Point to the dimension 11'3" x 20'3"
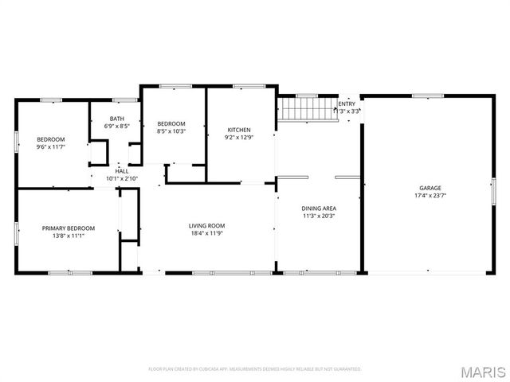point(318,215)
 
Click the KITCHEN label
point(239,130)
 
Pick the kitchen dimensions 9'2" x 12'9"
point(239,137)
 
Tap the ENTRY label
point(347,103)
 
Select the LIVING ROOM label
point(206,225)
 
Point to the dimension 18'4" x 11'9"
point(206,233)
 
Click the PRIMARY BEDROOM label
point(69,228)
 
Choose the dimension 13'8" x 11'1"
point(69,236)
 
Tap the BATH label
point(118,118)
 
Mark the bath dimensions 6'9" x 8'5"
point(118,126)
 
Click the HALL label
point(122,171)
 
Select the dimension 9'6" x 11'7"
point(50,146)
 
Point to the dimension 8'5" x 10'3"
point(171,131)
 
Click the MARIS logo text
point(484,372)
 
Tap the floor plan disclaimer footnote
point(255,369)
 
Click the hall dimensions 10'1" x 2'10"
point(122,178)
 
